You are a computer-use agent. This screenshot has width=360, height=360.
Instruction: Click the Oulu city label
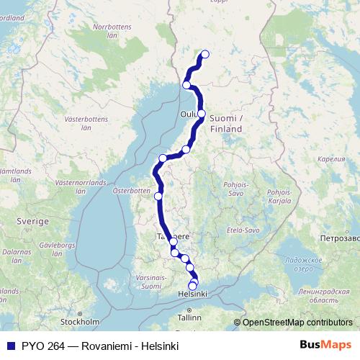(189, 113)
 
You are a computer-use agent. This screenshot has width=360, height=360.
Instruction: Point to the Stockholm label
(80, 322)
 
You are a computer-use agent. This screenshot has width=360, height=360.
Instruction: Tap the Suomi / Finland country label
(226, 123)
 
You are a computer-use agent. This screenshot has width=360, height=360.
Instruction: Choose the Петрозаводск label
(338, 236)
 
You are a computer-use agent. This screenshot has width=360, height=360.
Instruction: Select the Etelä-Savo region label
(242, 230)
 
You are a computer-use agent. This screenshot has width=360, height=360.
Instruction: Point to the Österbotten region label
(130, 191)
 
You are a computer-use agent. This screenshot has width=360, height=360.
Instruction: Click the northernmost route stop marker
(205, 54)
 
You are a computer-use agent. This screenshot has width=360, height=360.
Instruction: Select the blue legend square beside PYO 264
(10, 345)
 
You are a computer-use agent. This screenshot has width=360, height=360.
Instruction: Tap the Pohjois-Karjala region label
(278, 197)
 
